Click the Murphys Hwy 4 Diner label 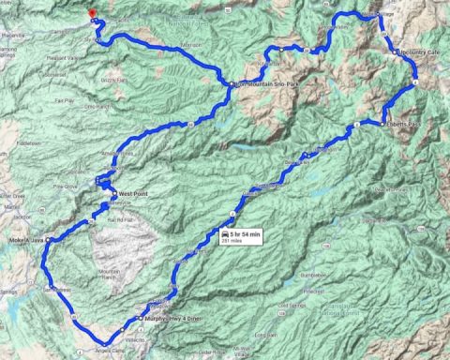173,317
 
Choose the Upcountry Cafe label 419,52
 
